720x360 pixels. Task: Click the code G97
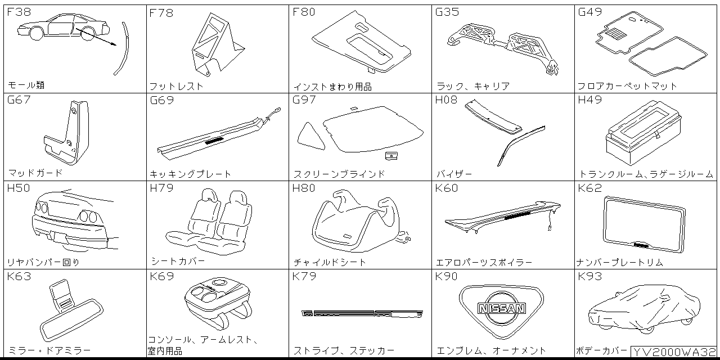click(304, 100)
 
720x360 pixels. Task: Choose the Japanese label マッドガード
click(35, 173)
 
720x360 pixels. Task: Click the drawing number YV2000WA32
click(674, 352)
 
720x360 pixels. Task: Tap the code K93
click(589, 276)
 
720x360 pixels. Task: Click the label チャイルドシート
click(330, 262)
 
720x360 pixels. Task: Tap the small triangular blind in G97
click(310, 137)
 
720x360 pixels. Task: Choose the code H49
click(589, 100)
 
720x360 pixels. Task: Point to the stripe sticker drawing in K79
click(362, 313)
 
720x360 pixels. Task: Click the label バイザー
click(454, 174)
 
